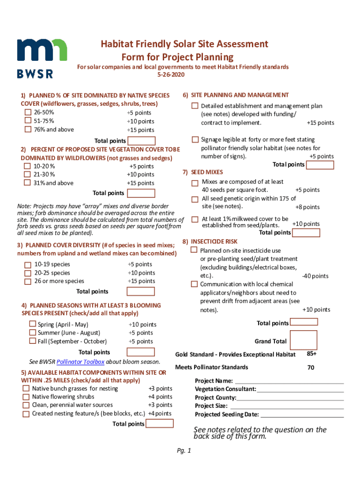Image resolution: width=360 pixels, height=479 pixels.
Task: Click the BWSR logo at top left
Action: pyautogui.click(x=42, y=57)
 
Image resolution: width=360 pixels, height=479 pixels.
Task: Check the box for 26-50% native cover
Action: pyautogui.click(x=28, y=113)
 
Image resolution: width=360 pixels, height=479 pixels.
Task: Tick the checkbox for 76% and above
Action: pyautogui.click(x=28, y=130)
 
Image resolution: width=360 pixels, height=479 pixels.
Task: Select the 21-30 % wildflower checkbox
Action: pyautogui.click(x=28, y=174)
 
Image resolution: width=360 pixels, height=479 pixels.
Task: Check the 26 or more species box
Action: pyautogui.click(x=28, y=281)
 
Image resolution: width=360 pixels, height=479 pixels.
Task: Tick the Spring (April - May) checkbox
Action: pyautogui.click(x=32, y=324)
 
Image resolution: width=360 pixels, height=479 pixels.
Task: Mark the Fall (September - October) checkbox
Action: pyautogui.click(x=32, y=341)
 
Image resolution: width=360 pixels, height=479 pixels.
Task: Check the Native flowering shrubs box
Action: pyautogui.click(x=26, y=397)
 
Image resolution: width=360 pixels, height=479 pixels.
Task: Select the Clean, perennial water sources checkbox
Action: pyautogui.click(x=26, y=405)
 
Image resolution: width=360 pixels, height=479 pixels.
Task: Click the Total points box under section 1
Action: pyautogui.click(x=141, y=141)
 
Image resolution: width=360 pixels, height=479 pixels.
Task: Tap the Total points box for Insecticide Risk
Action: pyautogui.click(x=303, y=322)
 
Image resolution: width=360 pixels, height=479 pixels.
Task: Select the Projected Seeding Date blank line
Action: pyautogui.click(x=302, y=414)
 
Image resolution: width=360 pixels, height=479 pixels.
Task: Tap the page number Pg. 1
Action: pyautogui.click(x=184, y=451)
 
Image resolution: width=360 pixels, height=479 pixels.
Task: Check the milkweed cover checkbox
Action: pyautogui.click(x=194, y=219)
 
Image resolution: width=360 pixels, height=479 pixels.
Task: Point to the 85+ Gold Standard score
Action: pyautogui.click(x=311, y=354)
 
